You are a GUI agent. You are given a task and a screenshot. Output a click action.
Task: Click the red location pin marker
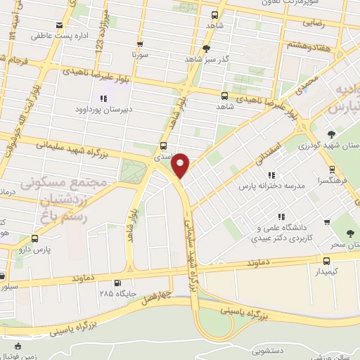coord(181,165)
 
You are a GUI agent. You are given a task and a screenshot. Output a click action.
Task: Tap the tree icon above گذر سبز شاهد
coord(205,48)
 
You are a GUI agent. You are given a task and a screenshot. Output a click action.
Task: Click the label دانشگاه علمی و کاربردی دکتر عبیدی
coord(281,233)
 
